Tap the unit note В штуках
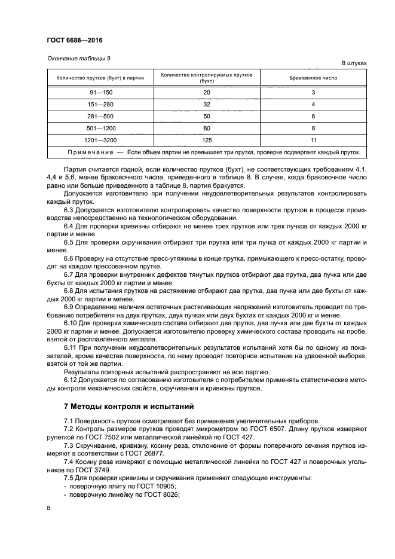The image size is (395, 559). (x=354, y=63)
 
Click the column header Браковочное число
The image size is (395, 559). (x=313, y=78)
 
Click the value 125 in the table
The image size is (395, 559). (x=207, y=140)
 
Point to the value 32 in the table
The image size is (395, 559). (x=207, y=104)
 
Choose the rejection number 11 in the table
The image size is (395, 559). (x=313, y=140)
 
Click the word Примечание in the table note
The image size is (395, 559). (x=85, y=152)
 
